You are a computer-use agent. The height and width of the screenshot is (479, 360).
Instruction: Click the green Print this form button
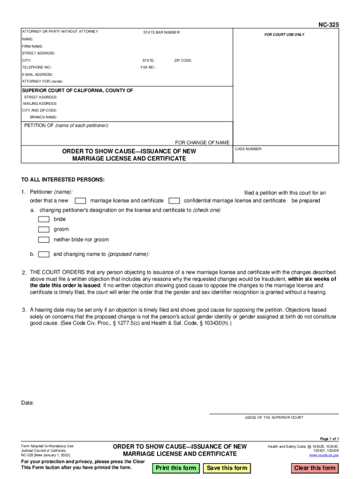pos(176,468)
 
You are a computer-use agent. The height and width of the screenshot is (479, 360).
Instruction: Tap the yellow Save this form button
pos(227,468)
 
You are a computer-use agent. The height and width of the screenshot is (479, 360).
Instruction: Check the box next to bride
pos(43,219)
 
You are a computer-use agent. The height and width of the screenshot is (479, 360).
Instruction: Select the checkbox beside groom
pos(43,230)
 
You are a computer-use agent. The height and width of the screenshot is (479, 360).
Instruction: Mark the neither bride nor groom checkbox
pos(43,240)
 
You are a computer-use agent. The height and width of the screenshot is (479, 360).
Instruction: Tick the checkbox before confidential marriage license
pos(174,201)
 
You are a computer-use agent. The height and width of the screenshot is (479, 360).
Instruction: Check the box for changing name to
pos(43,254)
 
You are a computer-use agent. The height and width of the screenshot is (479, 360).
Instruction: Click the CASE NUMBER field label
pos(249,149)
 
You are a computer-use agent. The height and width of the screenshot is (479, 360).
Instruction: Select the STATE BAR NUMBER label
pos(161,32)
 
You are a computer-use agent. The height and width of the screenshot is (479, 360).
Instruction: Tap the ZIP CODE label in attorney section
pos(183,61)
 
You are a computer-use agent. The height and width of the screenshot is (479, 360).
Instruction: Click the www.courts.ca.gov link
pos(324,455)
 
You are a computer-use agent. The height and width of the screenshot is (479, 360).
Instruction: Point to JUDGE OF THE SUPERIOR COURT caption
pos(274,417)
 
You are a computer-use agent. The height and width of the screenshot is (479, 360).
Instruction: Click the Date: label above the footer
pos(28,403)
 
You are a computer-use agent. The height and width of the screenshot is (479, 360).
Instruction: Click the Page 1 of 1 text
pos(329,439)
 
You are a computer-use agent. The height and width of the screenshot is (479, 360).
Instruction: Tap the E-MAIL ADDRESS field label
pos(37,74)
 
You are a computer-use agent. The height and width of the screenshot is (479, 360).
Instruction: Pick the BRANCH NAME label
pos(43,117)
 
